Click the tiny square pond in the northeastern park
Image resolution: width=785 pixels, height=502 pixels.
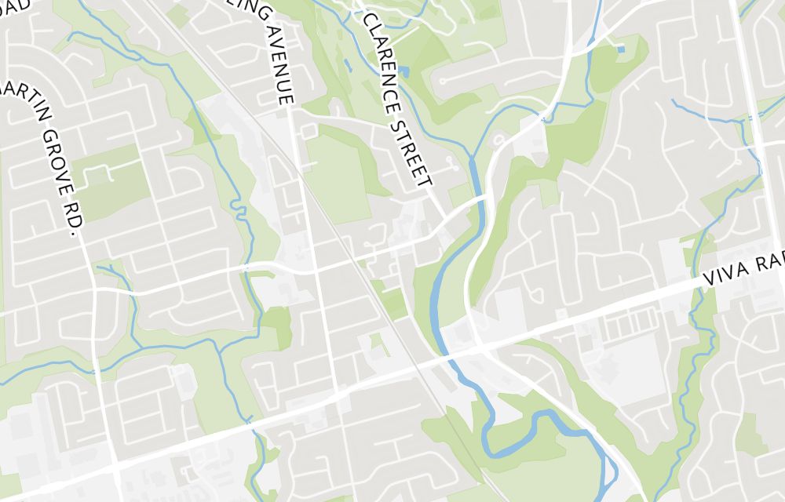tap(621, 49)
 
